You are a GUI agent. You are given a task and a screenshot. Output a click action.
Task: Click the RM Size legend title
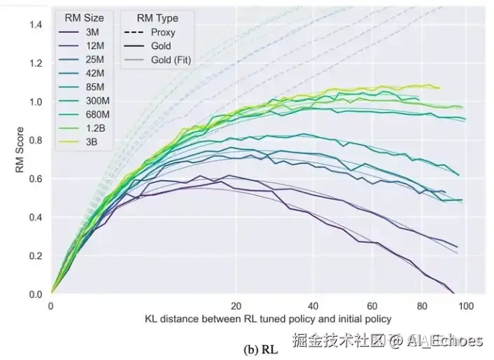(x=84, y=18)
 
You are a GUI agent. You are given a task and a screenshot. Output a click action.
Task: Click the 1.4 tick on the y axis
(x=35, y=25)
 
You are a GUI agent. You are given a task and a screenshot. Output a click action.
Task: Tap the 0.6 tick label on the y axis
(x=35, y=179)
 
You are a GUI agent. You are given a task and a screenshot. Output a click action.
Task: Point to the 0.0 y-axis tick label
(x=35, y=294)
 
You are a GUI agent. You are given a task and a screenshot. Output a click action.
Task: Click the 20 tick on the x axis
(x=237, y=306)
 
